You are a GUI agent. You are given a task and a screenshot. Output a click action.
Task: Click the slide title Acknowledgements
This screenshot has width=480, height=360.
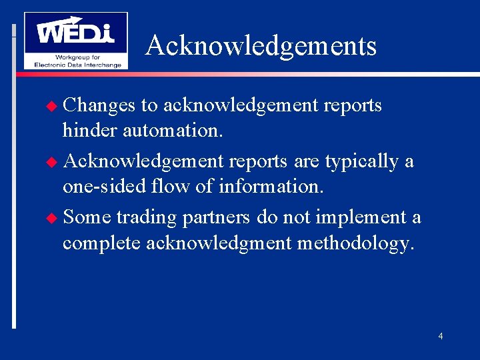click(x=261, y=46)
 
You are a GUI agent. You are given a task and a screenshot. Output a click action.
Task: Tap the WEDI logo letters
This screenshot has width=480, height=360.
click(x=75, y=31)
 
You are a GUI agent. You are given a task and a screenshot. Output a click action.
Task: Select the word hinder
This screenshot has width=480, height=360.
click(x=90, y=131)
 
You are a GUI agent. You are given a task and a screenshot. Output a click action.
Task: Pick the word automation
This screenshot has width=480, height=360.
click(x=173, y=131)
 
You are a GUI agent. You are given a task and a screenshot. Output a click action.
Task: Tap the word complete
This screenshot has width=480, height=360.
click(x=101, y=244)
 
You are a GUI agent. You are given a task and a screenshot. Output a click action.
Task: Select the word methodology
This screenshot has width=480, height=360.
click(x=355, y=244)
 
